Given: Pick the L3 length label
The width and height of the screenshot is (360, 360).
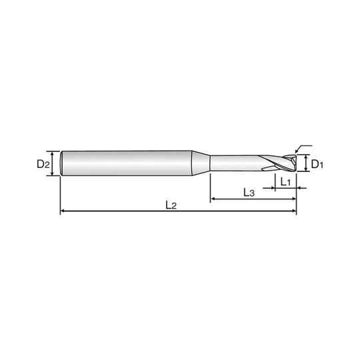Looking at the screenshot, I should pos(248,192).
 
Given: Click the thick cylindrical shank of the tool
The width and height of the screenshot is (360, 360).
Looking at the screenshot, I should pos(127,163).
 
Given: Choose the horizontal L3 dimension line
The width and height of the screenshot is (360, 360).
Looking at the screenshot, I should pos(227,199).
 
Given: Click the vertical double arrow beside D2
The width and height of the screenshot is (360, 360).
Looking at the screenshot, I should pos(55,163).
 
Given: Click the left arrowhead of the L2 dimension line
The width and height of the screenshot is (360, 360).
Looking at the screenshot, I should pos(63,212).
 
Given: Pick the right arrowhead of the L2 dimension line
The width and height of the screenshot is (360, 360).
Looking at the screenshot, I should pos(294,212).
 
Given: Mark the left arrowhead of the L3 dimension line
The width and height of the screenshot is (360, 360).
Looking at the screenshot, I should pos(213,199).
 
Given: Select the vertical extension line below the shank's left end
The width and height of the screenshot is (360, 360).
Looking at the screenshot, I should pos(61,197).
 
